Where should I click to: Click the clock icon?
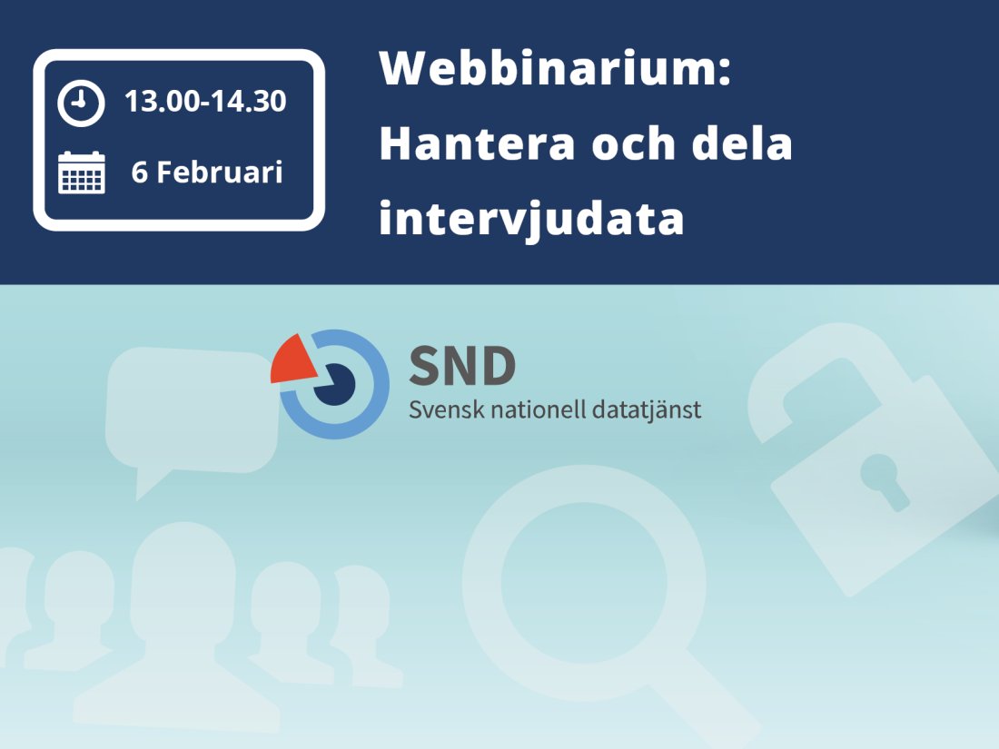coord(81,103)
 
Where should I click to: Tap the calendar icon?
coord(81,172)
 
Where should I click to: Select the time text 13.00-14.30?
coord(205,101)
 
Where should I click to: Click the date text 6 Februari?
coord(207,172)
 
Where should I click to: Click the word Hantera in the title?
coord(477,144)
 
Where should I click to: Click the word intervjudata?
coord(530,220)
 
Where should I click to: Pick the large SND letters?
coord(462,364)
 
